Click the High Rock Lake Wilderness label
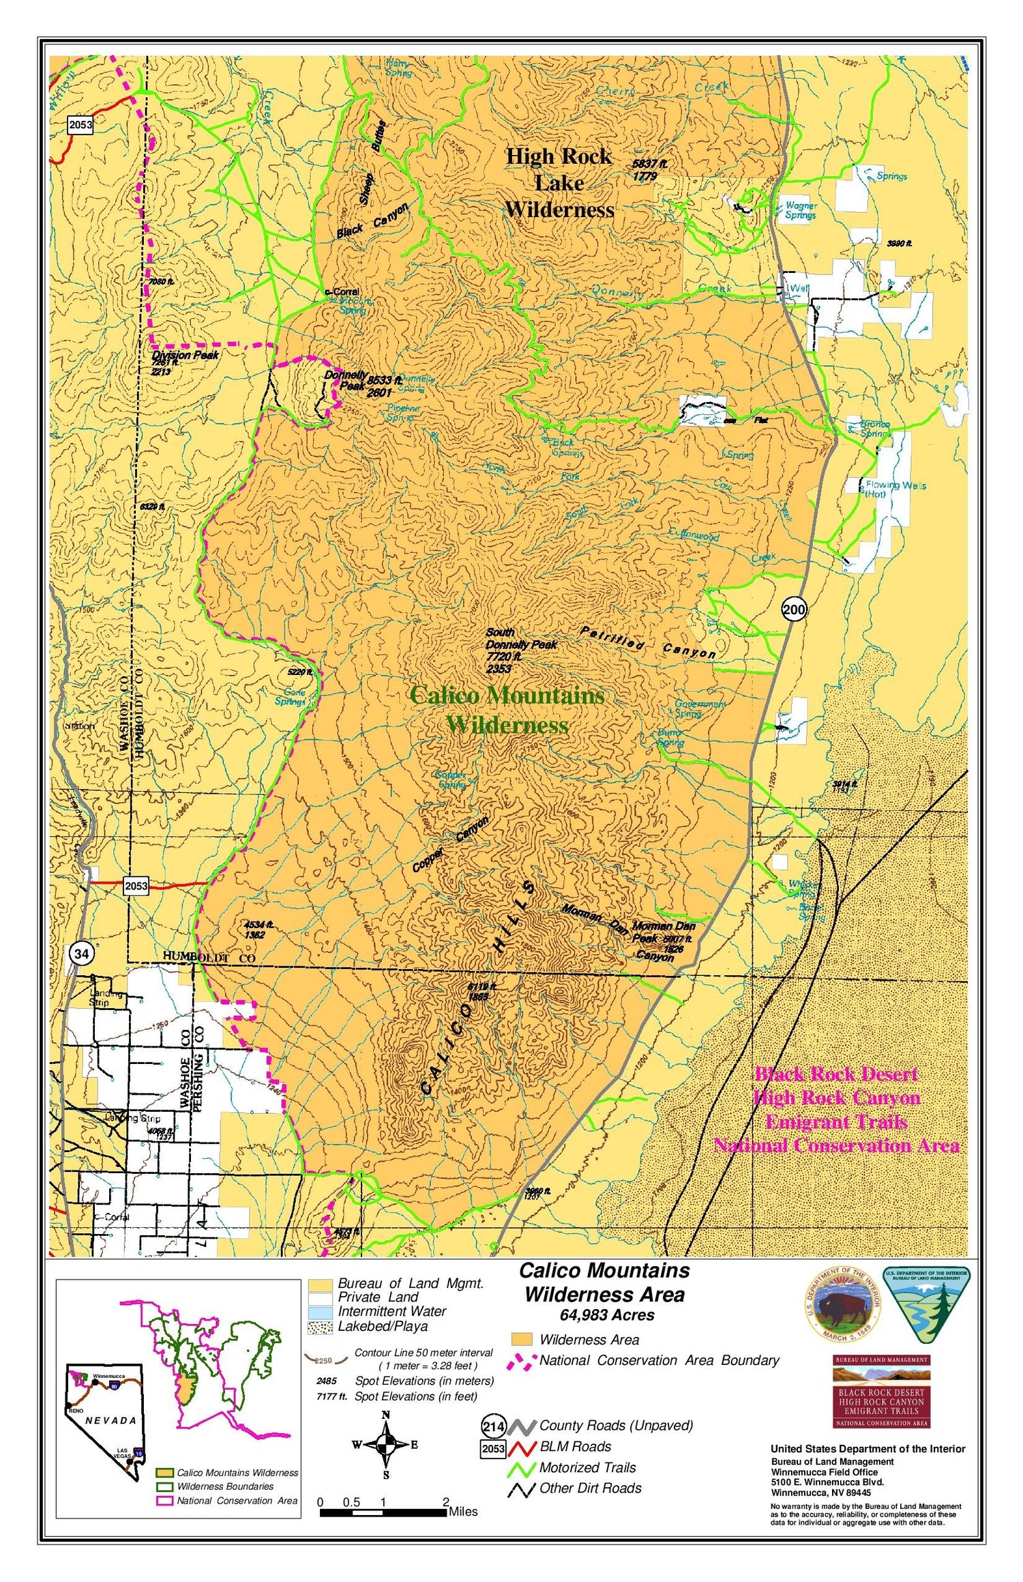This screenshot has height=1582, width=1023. coord(559,183)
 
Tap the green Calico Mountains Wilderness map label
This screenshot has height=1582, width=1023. coord(507,710)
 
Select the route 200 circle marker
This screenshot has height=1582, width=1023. coord(794,609)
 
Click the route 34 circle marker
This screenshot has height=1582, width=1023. coord(81,953)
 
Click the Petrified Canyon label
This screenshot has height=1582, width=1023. coord(647,642)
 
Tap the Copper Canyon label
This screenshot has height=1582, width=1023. coord(450,845)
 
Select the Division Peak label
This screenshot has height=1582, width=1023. coord(185,355)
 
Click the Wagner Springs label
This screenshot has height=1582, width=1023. coord(801,210)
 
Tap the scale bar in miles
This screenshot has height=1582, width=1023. coord(383,1512)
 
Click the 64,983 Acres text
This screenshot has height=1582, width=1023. coord(606,1315)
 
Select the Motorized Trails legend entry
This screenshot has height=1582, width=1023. coord(587,1467)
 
